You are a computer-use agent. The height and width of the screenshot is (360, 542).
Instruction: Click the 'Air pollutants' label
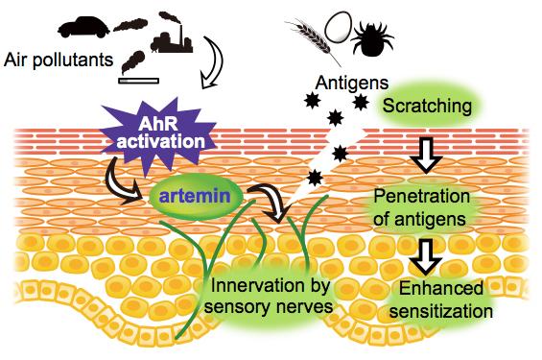click(x=58, y=60)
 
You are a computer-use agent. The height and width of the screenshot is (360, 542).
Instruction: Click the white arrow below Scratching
click(x=422, y=153)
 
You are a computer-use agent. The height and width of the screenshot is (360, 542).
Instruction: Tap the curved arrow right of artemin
click(x=267, y=203)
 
